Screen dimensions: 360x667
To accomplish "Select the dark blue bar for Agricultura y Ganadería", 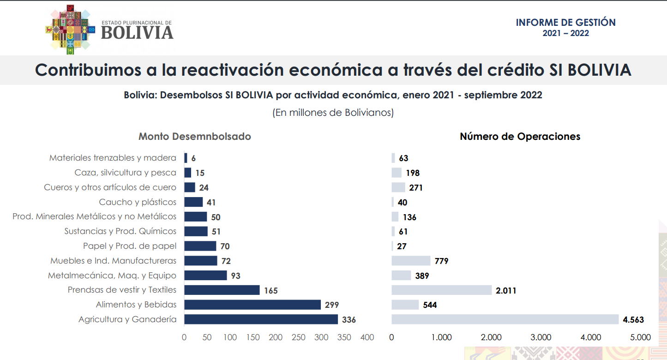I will (x=261, y=319).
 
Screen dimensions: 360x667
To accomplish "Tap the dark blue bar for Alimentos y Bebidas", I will (x=252, y=305).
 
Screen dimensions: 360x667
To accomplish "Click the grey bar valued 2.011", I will (x=441, y=290).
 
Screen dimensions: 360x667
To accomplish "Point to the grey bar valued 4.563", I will (x=505, y=319).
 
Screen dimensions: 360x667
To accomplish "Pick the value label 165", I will (x=271, y=291).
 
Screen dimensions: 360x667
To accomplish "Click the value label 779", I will (x=441, y=261).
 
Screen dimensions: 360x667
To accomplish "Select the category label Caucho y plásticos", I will (x=138, y=202).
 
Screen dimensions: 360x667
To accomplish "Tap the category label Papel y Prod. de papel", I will (x=130, y=246).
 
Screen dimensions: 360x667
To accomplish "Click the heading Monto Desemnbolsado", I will (x=195, y=137).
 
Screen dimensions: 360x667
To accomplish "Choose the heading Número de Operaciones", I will (x=520, y=137).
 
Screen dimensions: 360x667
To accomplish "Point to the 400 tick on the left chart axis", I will (x=367, y=337).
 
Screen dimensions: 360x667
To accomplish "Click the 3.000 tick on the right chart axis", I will (x=541, y=337).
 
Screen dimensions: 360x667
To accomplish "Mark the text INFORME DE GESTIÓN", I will (x=565, y=23).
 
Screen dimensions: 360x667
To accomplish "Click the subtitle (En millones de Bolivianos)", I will (x=333, y=113).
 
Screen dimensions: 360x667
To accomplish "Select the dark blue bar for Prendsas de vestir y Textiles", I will (x=222, y=290).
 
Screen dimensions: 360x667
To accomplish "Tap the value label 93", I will (x=236, y=276).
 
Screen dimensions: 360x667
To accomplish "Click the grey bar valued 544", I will (x=405, y=305).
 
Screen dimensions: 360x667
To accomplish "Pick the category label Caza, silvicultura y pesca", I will (x=126, y=173).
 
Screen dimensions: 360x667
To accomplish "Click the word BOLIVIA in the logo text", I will (x=137, y=33).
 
